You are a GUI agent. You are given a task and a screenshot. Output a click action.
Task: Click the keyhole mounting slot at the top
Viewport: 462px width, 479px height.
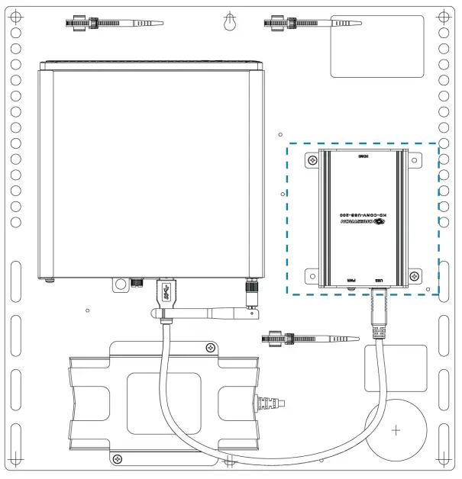pyautogui.click(x=230, y=23)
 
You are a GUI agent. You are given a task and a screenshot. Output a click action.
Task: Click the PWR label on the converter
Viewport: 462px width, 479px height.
pyautogui.click(x=351, y=281)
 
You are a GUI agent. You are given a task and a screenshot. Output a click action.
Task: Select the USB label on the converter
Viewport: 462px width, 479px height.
pyautogui.click(x=380, y=281)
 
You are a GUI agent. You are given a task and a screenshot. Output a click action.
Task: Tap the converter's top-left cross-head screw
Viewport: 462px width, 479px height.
pyautogui.click(x=313, y=160)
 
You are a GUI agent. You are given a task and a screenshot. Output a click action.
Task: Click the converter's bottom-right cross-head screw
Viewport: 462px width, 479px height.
pyautogui.click(x=414, y=275)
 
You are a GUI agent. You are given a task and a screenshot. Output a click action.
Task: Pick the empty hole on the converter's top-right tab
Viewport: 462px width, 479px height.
pyautogui.click(x=414, y=160)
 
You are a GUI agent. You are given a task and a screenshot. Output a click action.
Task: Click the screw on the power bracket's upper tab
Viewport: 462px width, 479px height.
pyautogui.click(x=210, y=348)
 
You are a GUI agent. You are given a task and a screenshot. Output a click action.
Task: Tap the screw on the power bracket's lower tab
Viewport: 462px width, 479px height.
pyautogui.click(x=116, y=458)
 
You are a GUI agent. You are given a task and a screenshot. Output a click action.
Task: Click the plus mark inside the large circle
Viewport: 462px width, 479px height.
pyautogui.click(x=396, y=431)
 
